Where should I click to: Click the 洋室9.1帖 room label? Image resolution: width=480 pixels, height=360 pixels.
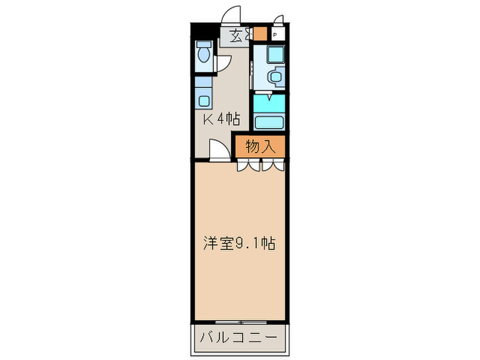coord(239,243)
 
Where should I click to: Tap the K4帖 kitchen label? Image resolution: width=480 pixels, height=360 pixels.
coord(221,119)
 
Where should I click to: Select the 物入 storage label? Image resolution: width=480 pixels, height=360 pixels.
coord(260,146)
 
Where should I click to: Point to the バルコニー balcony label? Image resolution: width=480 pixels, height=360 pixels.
coord(239,337)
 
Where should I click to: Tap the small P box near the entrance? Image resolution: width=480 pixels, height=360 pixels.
coord(275,35)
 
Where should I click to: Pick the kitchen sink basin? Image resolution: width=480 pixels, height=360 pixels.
coord(204,100)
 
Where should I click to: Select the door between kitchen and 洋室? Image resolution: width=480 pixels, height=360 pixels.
coord(219,150)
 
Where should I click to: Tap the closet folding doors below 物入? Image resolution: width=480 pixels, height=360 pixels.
coord(261,165)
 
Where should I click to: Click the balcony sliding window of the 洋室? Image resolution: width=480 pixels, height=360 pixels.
coord(239,321)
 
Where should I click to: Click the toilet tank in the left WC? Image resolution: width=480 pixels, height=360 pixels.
coord(204,46)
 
